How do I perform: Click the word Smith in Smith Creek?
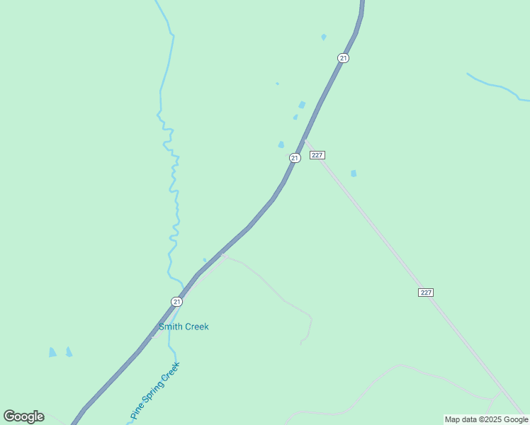[171, 327]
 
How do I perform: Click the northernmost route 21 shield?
[343, 58]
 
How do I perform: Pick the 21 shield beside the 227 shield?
[295, 158]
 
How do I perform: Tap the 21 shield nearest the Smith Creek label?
[176, 302]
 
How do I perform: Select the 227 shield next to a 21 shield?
[317, 155]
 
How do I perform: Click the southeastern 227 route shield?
[426, 293]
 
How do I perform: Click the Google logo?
[23, 416]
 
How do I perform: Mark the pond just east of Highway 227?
[354, 173]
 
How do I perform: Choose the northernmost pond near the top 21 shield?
[324, 37]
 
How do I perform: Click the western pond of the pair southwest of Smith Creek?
[52, 352]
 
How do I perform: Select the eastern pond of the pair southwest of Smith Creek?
[69, 351]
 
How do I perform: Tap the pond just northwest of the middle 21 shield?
[281, 144]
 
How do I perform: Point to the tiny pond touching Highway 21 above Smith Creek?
[205, 260]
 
